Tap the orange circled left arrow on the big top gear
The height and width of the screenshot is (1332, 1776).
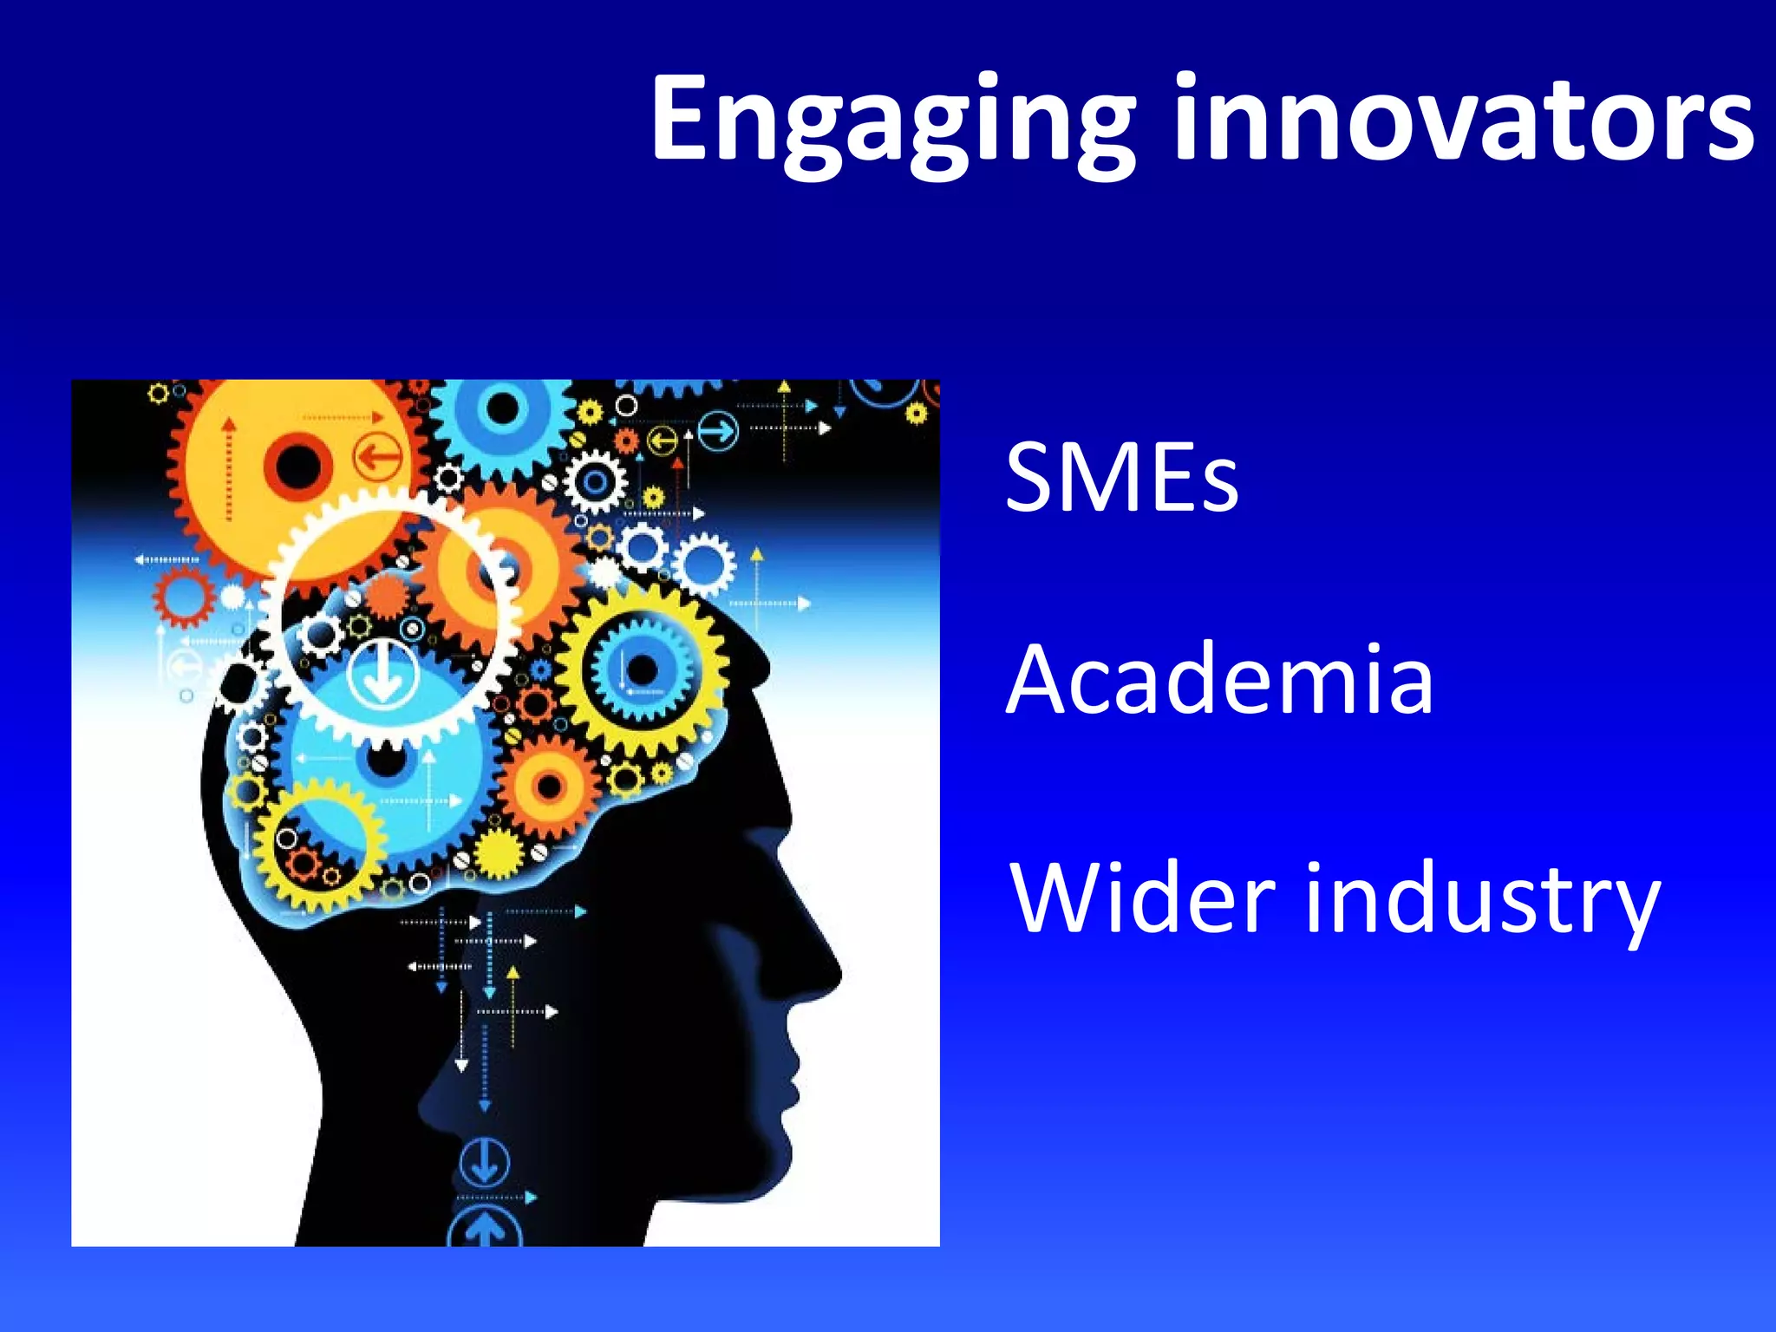point(377,455)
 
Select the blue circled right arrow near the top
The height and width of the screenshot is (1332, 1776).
point(718,431)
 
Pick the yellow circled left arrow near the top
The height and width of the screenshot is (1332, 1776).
point(663,441)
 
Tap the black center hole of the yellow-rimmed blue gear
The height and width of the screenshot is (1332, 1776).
point(642,669)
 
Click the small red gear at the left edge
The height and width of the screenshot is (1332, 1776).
point(184,597)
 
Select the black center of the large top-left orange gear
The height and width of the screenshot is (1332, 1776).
point(297,466)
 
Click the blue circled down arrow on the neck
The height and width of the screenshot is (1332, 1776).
point(484,1163)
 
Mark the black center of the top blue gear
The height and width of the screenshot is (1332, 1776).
point(503,408)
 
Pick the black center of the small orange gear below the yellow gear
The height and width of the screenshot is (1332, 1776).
point(549,787)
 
